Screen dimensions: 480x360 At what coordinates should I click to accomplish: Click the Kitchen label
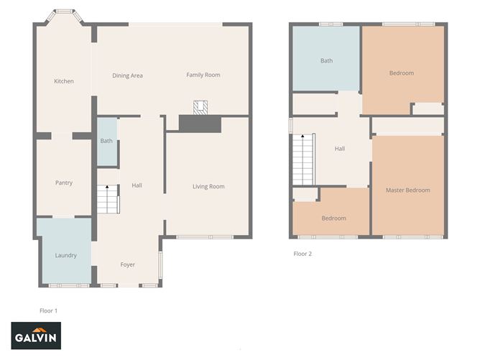click(x=64, y=81)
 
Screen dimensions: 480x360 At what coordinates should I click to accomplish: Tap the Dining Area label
click(x=127, y=75)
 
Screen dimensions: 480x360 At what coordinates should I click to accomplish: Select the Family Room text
click(x=203, y=75)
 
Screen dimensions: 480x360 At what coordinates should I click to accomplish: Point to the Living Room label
click(x=208, y=186)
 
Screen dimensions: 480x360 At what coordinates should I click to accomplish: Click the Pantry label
click(x=64, y=183)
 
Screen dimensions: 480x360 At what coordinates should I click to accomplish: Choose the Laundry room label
click(x=66, y=255)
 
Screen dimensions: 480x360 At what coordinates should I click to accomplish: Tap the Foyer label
click(x=127, y=264)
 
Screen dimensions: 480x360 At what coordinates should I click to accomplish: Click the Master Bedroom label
click(x=407, y=190)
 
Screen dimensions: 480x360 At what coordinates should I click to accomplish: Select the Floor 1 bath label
click(x=106, y=141)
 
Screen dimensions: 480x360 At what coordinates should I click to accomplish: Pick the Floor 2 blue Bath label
click(x=326, y=60)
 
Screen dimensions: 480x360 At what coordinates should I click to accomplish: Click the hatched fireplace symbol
click(x=200, y=108)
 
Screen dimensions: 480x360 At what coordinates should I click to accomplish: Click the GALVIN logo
click(x=36, y=336)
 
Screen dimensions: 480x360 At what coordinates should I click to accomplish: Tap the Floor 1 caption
click(x=48, y=310)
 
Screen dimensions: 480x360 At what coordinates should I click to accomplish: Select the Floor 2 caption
click(x=303, y=254)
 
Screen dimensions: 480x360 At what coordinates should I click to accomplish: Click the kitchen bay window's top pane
click(x=64, y=11)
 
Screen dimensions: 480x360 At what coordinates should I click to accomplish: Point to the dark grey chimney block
click(x=200, y=124)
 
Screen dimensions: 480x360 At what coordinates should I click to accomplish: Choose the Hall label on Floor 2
click(x=339, y=149)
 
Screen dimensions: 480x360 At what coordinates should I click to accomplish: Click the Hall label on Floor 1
click(x=137, y=185)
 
